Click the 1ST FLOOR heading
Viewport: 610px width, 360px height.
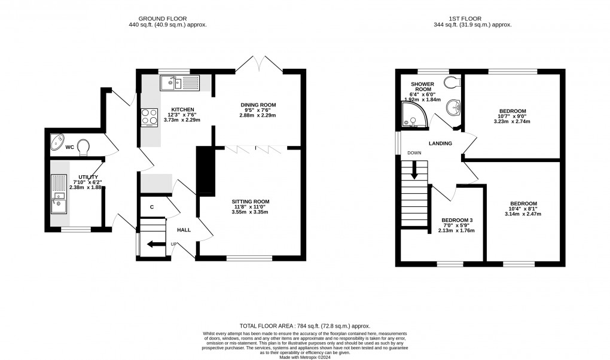[472, 18]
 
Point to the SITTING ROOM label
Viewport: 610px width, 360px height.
[251, 202]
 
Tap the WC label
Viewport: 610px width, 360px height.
[70, 147]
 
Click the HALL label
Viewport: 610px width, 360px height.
[184, 230]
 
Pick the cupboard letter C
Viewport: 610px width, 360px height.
[152, 207]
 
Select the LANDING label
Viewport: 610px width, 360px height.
[440, 144]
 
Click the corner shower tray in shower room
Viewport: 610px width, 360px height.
[413, 117]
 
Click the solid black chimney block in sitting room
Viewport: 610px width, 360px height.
[205, 171]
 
